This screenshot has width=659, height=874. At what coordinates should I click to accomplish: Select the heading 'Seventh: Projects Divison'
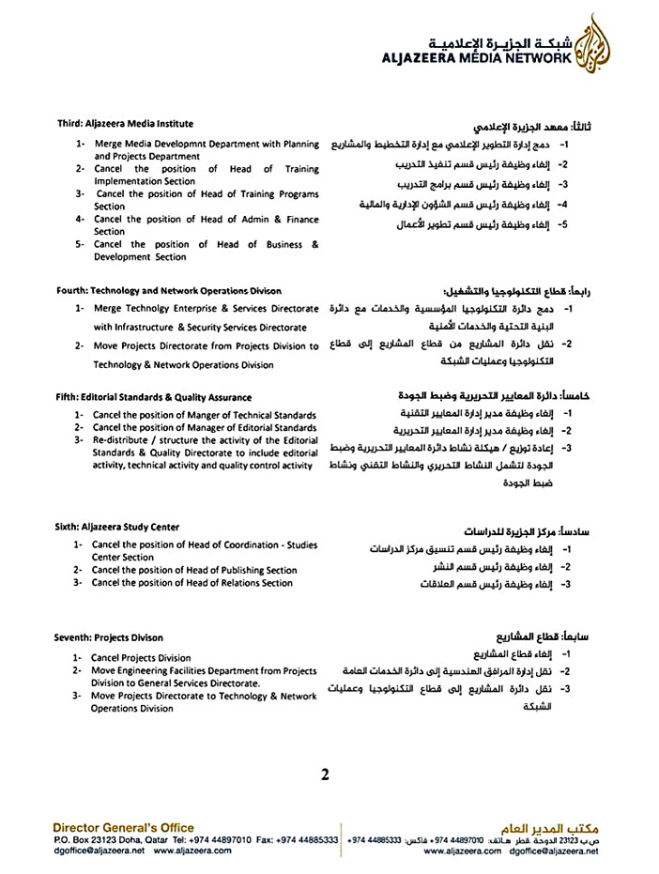(109, 637)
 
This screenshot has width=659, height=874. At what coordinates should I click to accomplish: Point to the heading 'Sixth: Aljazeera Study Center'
(117, 527)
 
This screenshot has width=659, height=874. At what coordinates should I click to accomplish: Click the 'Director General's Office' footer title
(124, 827)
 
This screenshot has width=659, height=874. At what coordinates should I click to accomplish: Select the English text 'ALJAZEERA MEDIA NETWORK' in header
(477, 58)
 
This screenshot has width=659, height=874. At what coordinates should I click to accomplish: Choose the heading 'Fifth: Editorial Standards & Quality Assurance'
(153, 397)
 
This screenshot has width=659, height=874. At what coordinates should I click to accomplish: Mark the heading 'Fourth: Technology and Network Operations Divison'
(168, 291)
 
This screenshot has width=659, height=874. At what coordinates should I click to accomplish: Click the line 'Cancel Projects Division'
(141, 658)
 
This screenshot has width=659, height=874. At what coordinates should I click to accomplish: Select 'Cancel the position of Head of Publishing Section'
(194, 570)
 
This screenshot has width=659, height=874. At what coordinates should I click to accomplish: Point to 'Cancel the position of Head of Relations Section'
(192, 583)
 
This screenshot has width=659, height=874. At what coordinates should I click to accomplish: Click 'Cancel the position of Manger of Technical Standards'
(204, 416)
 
